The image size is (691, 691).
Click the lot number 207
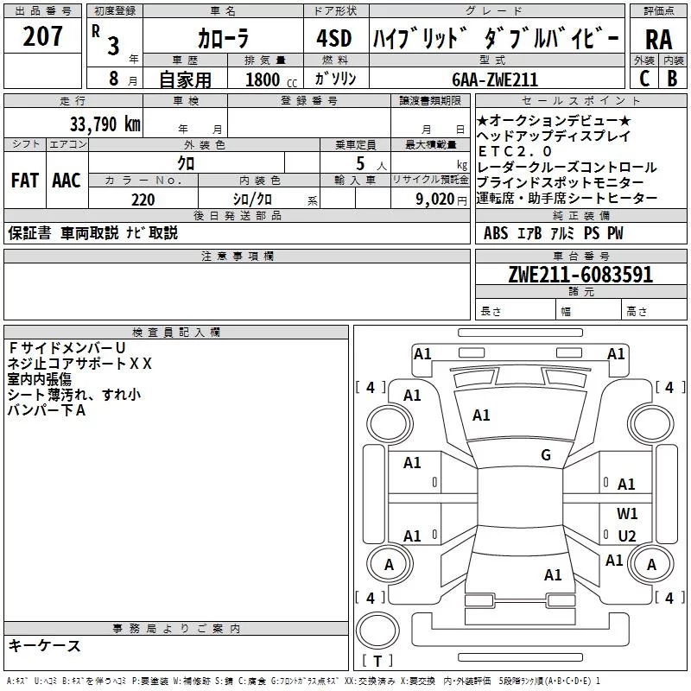pos(44,37)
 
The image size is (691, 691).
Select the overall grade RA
pos(658,41)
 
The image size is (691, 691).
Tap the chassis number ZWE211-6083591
pos(580,275)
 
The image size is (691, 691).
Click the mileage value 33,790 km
pos(105,124)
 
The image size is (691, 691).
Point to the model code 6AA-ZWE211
pos(495,79)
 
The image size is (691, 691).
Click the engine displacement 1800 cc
pos(268,79)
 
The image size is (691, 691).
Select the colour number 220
pos(143,200)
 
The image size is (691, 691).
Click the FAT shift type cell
pos(24,180)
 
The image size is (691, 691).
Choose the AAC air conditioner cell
pos(67,180)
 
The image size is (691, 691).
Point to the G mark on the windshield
pos(546,455)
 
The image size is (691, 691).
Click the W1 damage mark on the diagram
pos(627,513)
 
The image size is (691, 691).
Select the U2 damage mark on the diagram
pos(627,536)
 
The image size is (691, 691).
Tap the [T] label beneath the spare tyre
pos(377,662)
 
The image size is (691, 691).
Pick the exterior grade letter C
pos(643,79)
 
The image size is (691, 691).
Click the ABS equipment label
pos(496,233)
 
